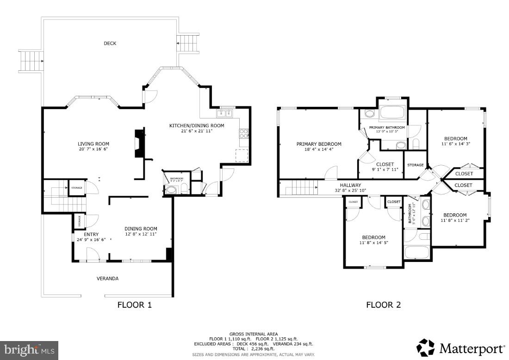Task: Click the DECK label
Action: tap(110, 43)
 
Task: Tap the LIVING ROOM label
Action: tap(93, 144)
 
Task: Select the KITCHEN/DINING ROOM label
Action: tap(197, 126)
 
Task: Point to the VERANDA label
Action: tap(107, 279)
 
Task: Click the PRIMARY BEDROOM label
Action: tap(319, 144)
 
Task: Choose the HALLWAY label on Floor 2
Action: tap(350, 185)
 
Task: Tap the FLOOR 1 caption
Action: tap(134, 305)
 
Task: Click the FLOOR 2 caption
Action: tap(383, 305)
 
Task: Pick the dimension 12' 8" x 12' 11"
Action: tap(141, 234)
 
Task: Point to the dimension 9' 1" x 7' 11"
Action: tap(385, 169)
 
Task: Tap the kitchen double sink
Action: tap(226, 114)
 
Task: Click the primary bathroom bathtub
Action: tap(392, 113)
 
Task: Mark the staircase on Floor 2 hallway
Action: tap(301, 188)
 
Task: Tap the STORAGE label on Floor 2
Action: tap(415, 165)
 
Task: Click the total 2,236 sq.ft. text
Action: tap(254, 348)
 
